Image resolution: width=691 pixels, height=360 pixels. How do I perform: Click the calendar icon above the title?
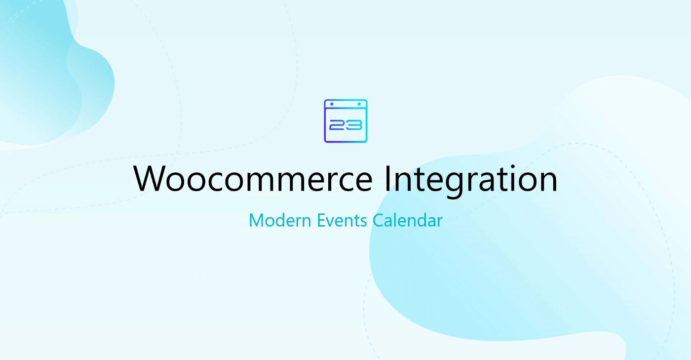tap(345, 120)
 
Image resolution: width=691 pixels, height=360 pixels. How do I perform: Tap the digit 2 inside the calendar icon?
tap(337, 125)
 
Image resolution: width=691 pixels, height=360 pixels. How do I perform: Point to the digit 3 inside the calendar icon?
tap(354, 125)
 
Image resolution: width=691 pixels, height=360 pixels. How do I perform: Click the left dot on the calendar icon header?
tap(332, 104)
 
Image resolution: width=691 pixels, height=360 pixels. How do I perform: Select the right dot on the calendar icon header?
tap(359, 104)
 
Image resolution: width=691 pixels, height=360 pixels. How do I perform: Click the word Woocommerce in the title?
tap(253, 178)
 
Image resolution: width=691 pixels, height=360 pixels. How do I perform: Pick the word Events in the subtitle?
tap(342, 220)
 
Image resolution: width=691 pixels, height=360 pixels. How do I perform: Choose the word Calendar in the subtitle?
tap(408, 220)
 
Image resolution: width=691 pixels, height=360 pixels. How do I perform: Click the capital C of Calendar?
tap(379, 220)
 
